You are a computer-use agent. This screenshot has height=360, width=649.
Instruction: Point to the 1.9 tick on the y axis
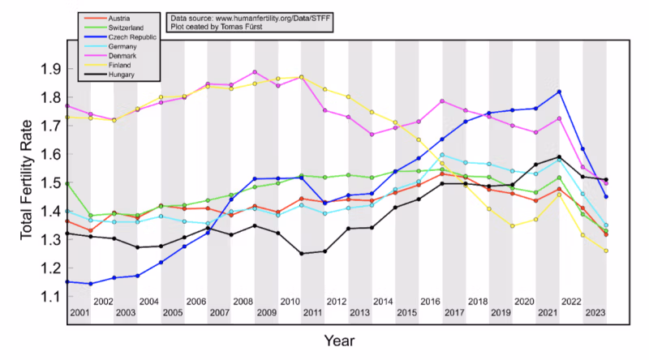[x=54, y=69]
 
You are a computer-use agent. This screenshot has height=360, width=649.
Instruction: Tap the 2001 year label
[x=80, y=312]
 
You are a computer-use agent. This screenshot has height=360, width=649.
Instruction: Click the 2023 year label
[x=595, y=312]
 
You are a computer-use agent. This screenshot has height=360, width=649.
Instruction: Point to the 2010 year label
[x=290, y=302]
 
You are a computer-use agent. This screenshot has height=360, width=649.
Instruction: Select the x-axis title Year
[x=338, y=341]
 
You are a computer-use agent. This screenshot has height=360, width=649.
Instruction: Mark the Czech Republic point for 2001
[x=67, y=282]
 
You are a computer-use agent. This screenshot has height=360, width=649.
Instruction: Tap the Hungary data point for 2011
[x=302, y=254]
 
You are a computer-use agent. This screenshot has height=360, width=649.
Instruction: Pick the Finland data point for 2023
[x=606, y=251]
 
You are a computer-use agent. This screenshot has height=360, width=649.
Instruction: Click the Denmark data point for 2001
[x=67, y=105]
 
